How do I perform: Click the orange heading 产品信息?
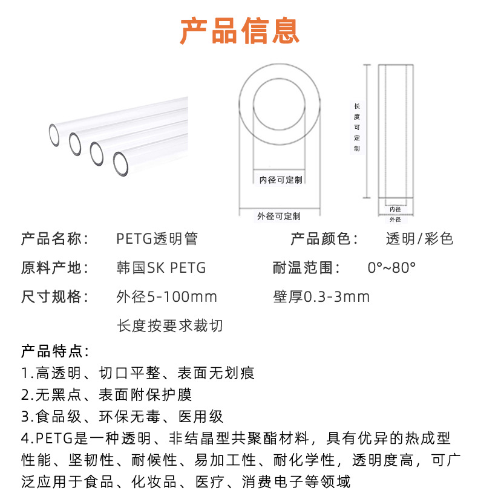coord(239,31)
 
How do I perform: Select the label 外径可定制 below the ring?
coord(279,216)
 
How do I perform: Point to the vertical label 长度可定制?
coord(357,128)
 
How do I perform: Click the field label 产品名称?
coord(54,239)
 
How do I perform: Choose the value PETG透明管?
coord(157,239)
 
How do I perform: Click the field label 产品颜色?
coord(324,239)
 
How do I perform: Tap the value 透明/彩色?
coord(419,239)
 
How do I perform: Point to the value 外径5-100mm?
coord(166,297)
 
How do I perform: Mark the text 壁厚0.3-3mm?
coord(321,297)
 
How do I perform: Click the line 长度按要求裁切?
coord(170,326)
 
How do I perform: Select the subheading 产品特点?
coord(55,351)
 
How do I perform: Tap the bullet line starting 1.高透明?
coord(138,373)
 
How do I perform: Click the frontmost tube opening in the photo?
coord(120,162)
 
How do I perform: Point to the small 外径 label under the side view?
coord(395,220)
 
